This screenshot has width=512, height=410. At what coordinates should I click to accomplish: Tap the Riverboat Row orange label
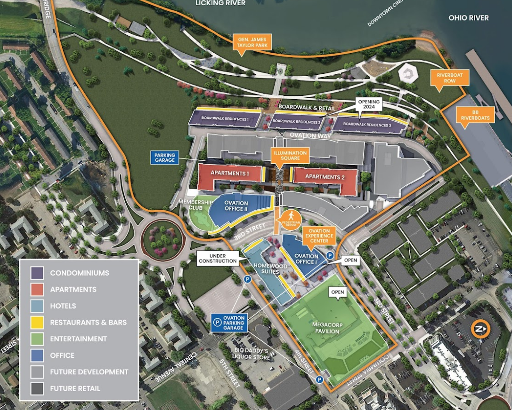(x=446, y=78)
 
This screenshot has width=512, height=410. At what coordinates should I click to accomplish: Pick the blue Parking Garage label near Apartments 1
(x=164, y=158)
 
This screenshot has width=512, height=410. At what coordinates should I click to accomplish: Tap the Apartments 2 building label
(x=325, y=177)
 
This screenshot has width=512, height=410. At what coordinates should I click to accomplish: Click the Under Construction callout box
(x=218, y=258)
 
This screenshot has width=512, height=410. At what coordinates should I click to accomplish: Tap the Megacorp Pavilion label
(x=325, y=328)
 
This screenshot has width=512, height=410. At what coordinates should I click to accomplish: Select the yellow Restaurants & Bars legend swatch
(x=37, y=323)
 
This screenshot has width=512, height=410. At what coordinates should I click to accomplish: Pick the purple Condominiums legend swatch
(x=37, y=273)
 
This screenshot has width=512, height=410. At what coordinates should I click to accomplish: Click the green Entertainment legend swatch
(x=37, y=339)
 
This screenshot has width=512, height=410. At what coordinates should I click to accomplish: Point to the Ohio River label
(x=468, y=18)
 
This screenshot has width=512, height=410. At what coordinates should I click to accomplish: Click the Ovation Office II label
(x=236, y=206)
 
